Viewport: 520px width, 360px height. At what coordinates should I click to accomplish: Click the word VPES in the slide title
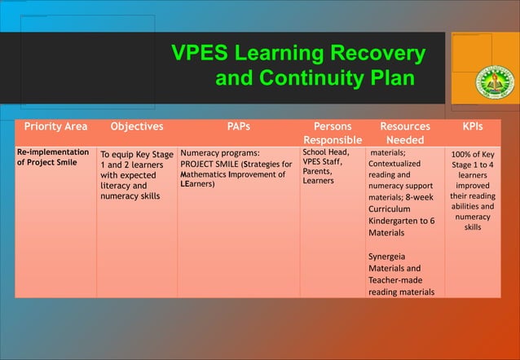[200, 55]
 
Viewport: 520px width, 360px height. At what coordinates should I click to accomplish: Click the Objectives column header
[136, 127]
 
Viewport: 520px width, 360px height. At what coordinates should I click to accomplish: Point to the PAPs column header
[238, 127]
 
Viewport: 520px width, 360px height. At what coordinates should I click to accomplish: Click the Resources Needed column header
[405, 134]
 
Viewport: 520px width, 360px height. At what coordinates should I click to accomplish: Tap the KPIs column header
[473, 127]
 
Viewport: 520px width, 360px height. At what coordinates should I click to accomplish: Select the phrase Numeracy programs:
[220, 152]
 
